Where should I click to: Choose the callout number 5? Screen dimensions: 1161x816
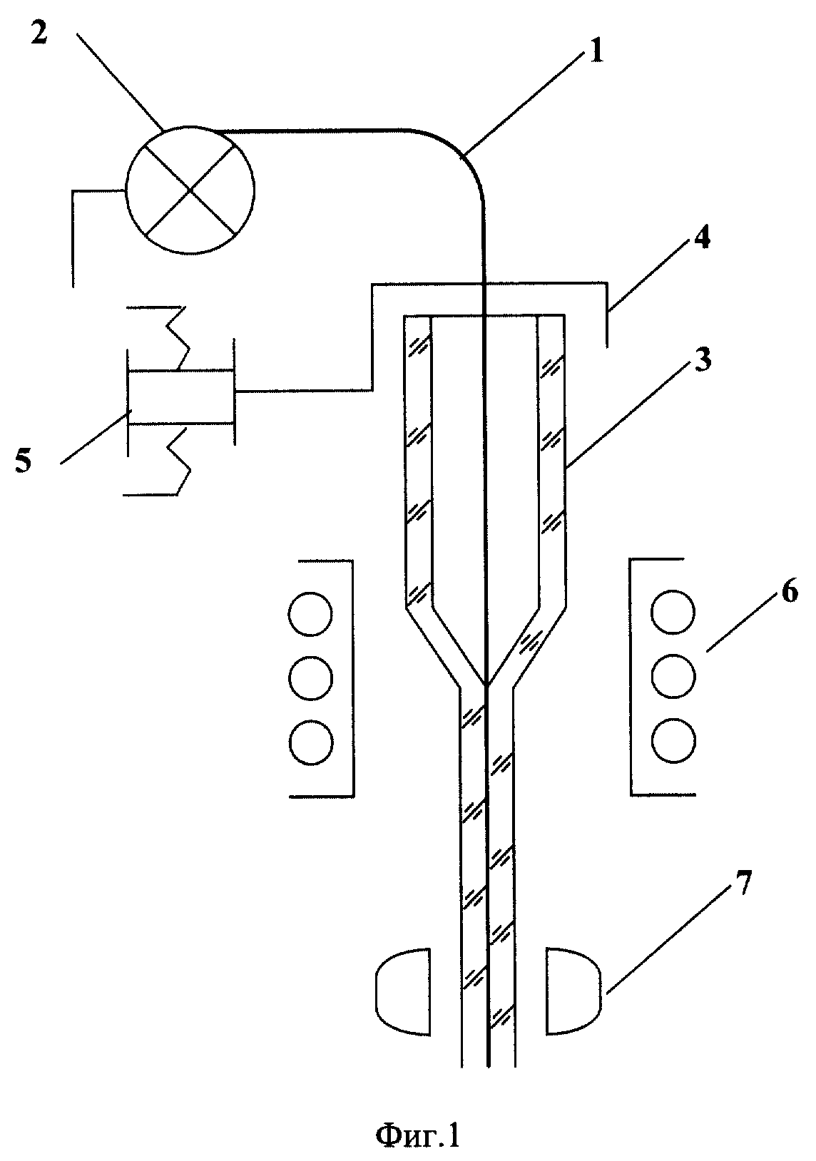tap(24, 461)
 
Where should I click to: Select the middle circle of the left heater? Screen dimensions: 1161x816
tap(311, 676)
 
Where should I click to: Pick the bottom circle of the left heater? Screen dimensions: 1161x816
tap(311, 740)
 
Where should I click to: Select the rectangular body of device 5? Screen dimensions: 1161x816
tap(181, 397)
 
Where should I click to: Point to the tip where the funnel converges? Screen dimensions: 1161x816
tap(486, 685)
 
